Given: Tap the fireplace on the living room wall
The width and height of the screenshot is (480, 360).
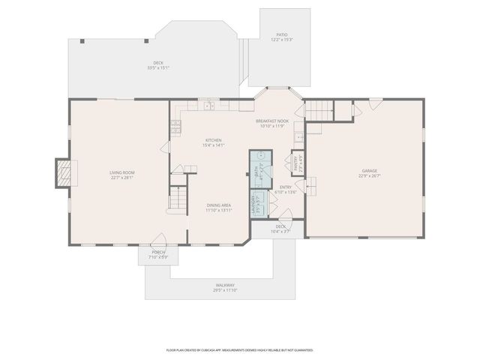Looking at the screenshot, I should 67,174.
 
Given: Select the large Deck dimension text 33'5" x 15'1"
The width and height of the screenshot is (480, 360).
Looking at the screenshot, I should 158,67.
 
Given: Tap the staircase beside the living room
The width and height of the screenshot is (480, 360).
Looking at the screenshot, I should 177,200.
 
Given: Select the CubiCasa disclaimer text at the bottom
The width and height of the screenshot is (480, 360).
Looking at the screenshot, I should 239,349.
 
